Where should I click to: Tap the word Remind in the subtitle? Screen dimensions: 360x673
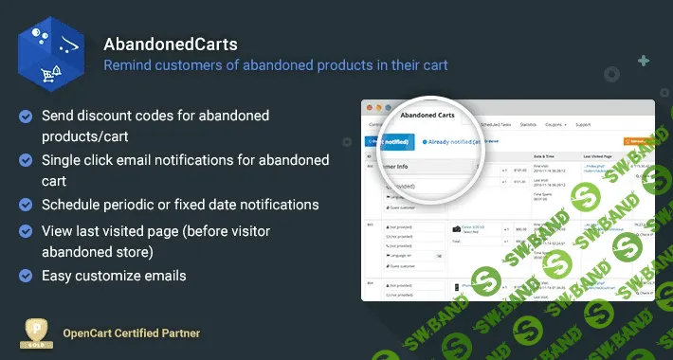(129, 65)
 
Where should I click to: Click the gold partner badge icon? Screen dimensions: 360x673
(35, 333)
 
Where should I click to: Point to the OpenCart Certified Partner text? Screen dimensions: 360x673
(131, 333)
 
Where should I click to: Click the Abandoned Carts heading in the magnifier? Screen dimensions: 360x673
(427, 116)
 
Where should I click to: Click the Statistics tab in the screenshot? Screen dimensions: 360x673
(528, 124)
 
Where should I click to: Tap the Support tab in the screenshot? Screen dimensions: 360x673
(583, 124)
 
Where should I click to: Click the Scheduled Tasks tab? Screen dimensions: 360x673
(495, 124)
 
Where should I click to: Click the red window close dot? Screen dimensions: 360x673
(371, 108)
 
